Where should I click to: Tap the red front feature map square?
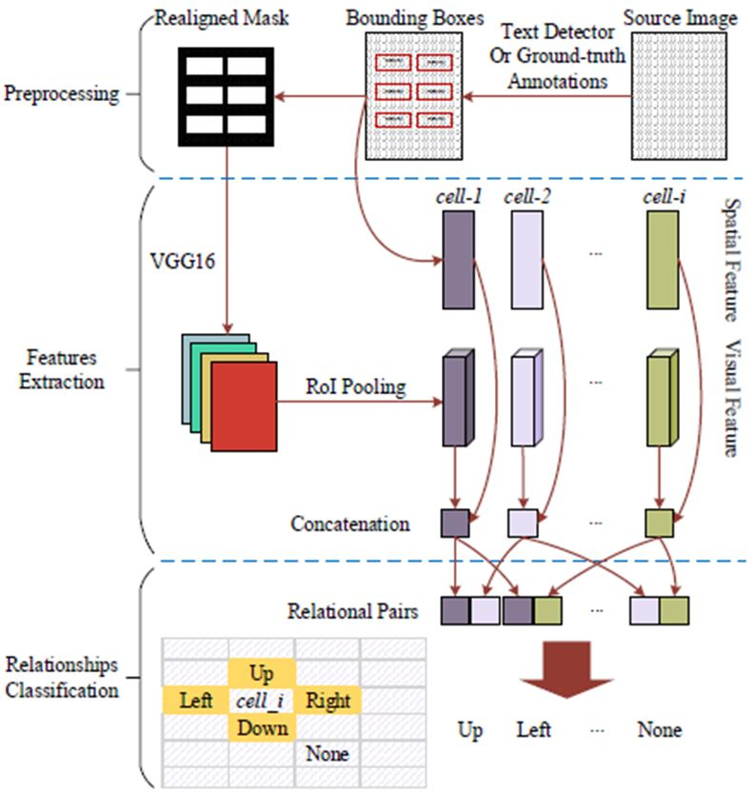point(244,406)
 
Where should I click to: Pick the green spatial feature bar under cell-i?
point(661,260)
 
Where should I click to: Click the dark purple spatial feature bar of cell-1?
point(457,260)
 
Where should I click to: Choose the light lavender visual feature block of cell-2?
point(525,398)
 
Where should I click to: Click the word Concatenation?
point(351,524)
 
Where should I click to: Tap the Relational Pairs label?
point(351,611)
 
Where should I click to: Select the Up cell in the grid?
point(262,674)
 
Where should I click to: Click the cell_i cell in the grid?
point(262,702)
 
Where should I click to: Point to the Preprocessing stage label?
point(62,94)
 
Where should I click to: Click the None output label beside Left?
point(659,730)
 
